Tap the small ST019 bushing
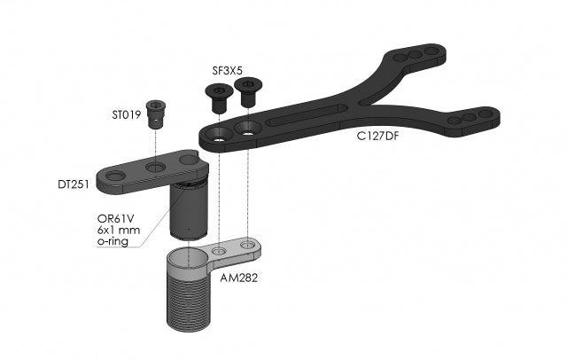coord(157,111)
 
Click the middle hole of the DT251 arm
coord(156,166)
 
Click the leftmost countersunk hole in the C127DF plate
coord(214,137)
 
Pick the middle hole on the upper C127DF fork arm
coord(415,55)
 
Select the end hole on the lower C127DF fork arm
coord(487,113)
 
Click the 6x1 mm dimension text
coord(118,229)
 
